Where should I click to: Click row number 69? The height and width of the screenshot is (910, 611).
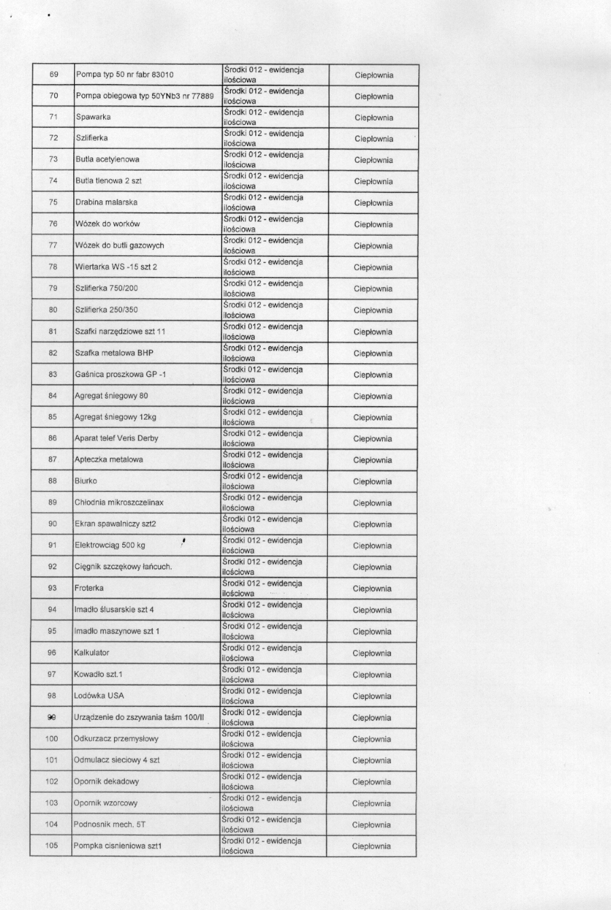coord(54,75)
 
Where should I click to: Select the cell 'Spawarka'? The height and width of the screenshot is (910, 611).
coord(94,117)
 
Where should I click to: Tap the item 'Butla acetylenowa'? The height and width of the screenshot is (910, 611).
coord(107,160)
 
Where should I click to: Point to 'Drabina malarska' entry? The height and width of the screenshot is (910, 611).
coord(106,202)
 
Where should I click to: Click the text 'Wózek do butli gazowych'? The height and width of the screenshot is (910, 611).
coord(119,245)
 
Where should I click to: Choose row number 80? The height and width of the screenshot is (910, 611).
coord(53,310)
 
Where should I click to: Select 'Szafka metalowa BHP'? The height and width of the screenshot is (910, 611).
coord(114,353)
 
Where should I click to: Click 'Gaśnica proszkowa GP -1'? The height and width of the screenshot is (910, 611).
coord(120,374)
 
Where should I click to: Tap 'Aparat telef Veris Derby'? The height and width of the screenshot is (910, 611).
coord(116,439)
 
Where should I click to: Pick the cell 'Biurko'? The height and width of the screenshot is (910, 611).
coord(86,481)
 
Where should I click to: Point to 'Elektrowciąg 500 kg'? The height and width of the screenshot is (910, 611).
coord(109,545)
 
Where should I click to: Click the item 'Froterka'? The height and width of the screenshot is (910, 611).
coord(89,588)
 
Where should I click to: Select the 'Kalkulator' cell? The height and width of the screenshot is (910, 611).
coord(92,653)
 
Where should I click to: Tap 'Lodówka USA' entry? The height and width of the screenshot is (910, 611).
coord(99,695)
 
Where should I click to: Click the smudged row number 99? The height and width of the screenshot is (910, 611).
coord(52,717)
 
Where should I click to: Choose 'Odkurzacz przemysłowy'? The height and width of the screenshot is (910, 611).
coord(116,739)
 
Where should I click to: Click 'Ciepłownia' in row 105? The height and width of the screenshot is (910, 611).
coord(371,846)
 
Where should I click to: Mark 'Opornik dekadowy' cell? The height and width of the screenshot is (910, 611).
coord(107,782)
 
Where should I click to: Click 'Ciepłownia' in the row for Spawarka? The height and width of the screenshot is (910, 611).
coord(374,117)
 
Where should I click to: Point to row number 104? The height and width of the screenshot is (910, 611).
coord(52,824)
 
